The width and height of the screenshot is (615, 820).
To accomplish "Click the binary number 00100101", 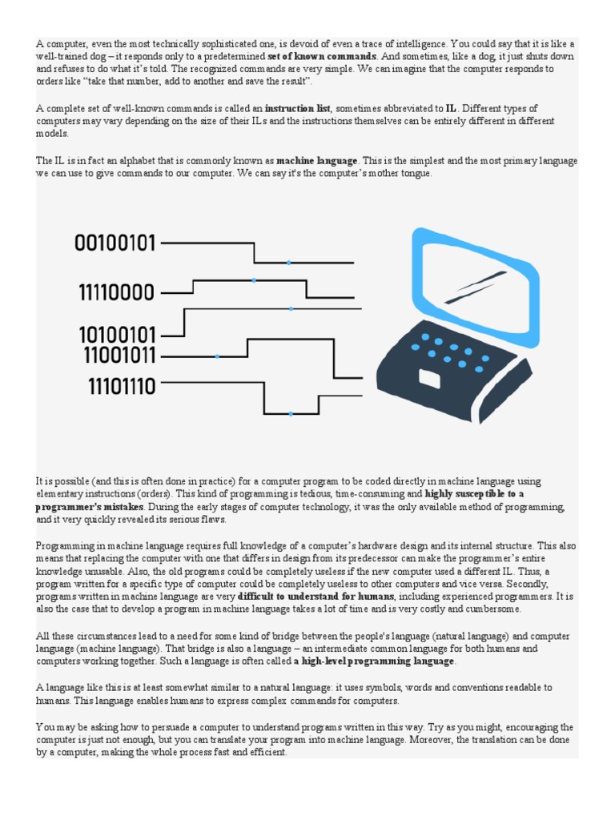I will [115, 243].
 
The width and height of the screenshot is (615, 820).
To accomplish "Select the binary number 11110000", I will [116, 293].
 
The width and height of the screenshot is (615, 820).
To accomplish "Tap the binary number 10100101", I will [116, 335].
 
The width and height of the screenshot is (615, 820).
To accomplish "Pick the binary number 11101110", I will [122, 388].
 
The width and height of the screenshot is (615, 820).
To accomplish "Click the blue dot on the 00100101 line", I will [288, 263].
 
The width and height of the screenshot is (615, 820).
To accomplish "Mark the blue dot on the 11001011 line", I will [217, 356].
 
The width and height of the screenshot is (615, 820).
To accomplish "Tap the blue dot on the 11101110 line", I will [291, 414].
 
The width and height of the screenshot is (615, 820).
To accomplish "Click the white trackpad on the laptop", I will [429, 378].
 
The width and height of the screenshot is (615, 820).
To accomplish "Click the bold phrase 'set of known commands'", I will [321, 57].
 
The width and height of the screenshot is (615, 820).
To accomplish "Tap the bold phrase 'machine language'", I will [317, 161].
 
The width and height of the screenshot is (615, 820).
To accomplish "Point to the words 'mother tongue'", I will [404, 174].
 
